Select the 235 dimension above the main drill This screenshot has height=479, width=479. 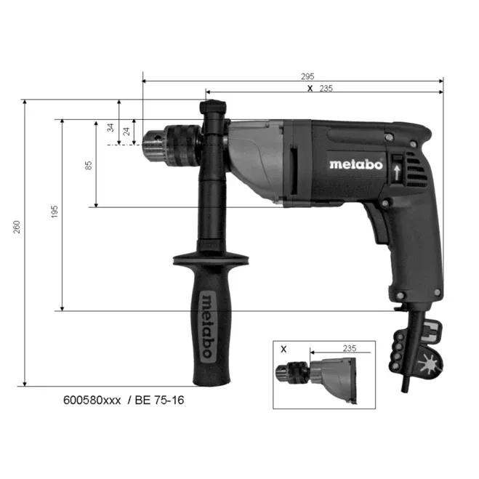[326, 88]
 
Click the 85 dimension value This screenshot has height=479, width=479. [88, 165]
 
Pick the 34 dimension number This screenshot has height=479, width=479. [110, 128]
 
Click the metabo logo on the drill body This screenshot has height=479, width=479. [355, 164]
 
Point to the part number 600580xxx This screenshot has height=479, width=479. [92, 400]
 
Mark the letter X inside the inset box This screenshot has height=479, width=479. [284, 349]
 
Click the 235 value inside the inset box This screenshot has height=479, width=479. [350, 349]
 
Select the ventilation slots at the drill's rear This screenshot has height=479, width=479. [420, 172]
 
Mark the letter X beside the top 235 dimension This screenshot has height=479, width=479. [310, 88]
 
